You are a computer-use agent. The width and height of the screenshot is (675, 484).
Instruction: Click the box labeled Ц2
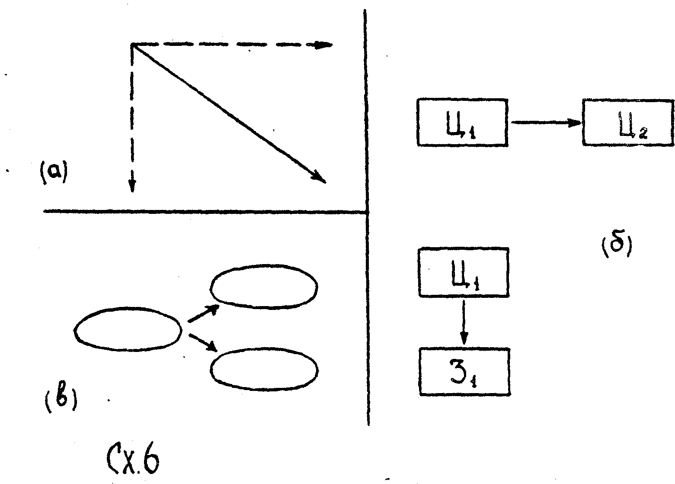628,123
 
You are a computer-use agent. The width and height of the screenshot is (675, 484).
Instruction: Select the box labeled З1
464,371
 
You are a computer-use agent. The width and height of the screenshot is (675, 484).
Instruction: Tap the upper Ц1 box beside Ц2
462,123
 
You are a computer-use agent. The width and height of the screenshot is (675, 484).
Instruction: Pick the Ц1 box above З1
463,272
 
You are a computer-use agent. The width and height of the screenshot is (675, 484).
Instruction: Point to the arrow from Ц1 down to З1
464,322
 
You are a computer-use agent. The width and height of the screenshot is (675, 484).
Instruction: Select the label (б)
616,247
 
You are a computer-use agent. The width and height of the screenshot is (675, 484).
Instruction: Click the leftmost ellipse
128,329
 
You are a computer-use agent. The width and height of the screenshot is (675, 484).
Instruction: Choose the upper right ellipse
264,286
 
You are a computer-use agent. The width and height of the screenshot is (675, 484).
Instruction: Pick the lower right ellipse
264,369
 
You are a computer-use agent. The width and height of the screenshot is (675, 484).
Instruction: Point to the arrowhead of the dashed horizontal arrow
324,45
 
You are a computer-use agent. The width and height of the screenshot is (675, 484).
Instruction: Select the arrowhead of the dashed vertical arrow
132,186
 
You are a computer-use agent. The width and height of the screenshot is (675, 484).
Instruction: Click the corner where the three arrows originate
132,45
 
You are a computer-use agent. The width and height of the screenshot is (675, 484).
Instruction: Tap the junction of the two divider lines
367,212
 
